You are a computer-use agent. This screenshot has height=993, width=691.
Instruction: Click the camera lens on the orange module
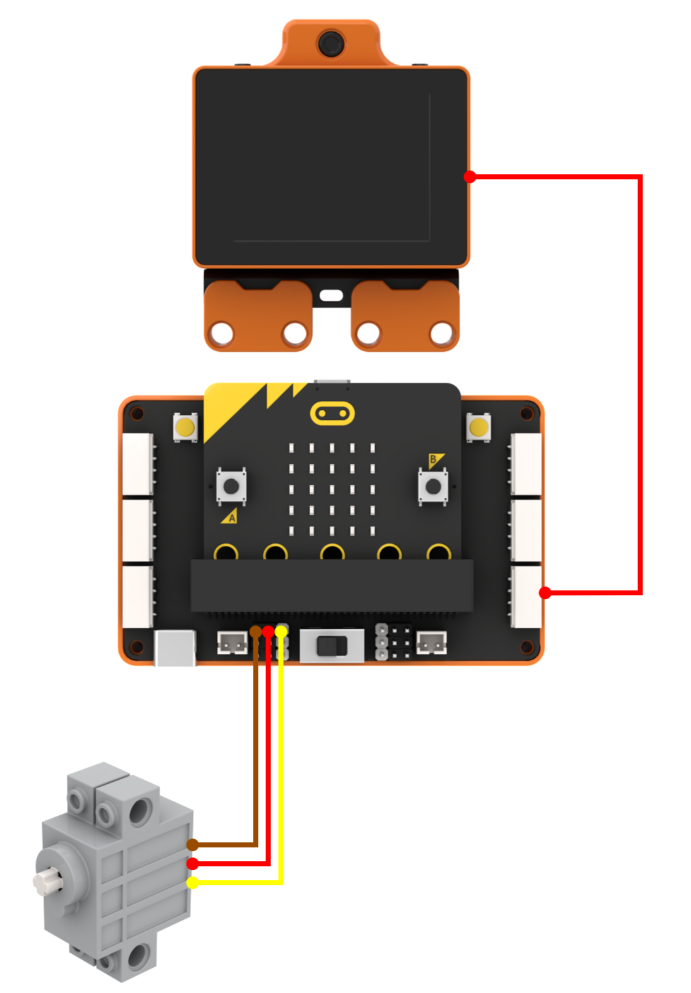tap(330, 43)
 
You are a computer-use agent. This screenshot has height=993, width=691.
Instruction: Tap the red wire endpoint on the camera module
tap(469, 177)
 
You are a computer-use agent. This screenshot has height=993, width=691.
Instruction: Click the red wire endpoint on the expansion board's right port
tap(545, 593)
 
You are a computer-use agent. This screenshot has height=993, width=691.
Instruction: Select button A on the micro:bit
tap(231, 486)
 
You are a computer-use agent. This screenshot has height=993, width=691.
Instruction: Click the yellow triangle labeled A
tap(229, 517)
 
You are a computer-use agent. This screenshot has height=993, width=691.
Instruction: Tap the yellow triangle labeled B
tap(435, 460)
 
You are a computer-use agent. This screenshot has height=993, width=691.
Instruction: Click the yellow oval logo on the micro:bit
tap(332, 414)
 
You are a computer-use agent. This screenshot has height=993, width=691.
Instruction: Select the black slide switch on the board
tap(332, 646)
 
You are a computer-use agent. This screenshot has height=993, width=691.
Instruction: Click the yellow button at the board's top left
tap(185, 427)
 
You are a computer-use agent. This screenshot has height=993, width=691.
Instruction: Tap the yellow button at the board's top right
tap(479, 427)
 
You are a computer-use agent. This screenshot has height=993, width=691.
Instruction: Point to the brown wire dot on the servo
tap(192, 844)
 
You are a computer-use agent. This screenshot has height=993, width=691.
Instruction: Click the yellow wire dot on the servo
tap(192, 883)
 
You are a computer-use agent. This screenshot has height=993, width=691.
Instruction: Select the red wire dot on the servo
tap(192, 864)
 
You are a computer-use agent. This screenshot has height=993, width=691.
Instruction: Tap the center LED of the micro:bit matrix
tap(332, 489)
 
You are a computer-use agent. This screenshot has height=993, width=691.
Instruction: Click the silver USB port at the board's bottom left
tap(175, 647)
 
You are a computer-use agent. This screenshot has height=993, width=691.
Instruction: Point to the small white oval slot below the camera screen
tap(332, 295)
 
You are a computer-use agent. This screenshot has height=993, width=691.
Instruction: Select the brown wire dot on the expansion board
tap(256, 631)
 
